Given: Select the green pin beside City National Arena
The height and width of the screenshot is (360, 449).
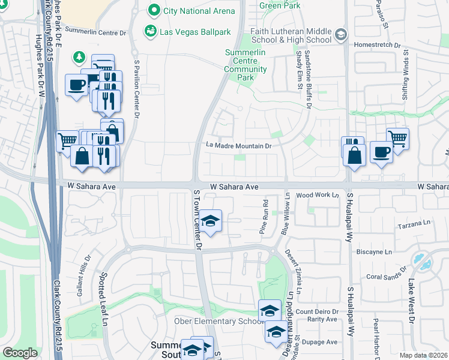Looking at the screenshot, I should click(154, 10).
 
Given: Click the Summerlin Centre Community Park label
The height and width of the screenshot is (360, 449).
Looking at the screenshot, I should click(246, 65).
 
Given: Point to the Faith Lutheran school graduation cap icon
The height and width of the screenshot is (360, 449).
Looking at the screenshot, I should click(342, 35).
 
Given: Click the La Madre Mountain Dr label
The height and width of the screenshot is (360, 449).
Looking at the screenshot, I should click(239, 145).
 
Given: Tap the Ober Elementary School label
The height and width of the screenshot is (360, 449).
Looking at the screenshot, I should click(222, 321).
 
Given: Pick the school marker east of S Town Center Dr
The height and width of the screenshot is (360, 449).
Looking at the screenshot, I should click(211, 221).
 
